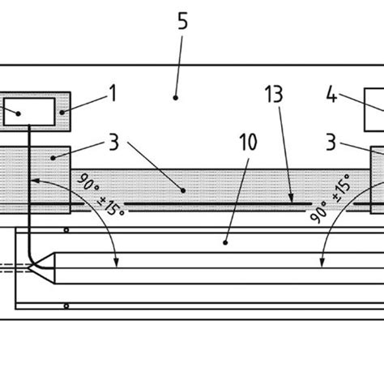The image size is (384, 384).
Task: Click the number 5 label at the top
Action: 183,21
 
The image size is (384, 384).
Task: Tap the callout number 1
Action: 113,93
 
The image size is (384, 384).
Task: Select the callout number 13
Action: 274,95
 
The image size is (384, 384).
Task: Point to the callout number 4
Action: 332,95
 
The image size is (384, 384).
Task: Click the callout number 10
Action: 248,142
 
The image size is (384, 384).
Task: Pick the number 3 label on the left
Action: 113,143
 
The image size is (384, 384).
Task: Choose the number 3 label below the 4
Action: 331,143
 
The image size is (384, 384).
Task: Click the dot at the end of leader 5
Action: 176,98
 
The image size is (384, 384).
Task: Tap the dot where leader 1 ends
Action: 62,113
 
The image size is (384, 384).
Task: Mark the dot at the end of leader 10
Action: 225,243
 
